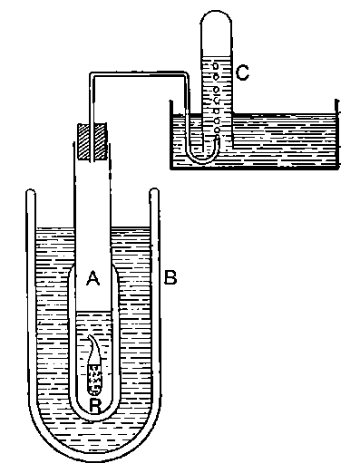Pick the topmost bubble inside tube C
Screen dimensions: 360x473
pos(215,64)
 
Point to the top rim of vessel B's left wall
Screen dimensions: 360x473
pos(30,191)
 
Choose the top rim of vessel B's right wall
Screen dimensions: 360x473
pos(155,191)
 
